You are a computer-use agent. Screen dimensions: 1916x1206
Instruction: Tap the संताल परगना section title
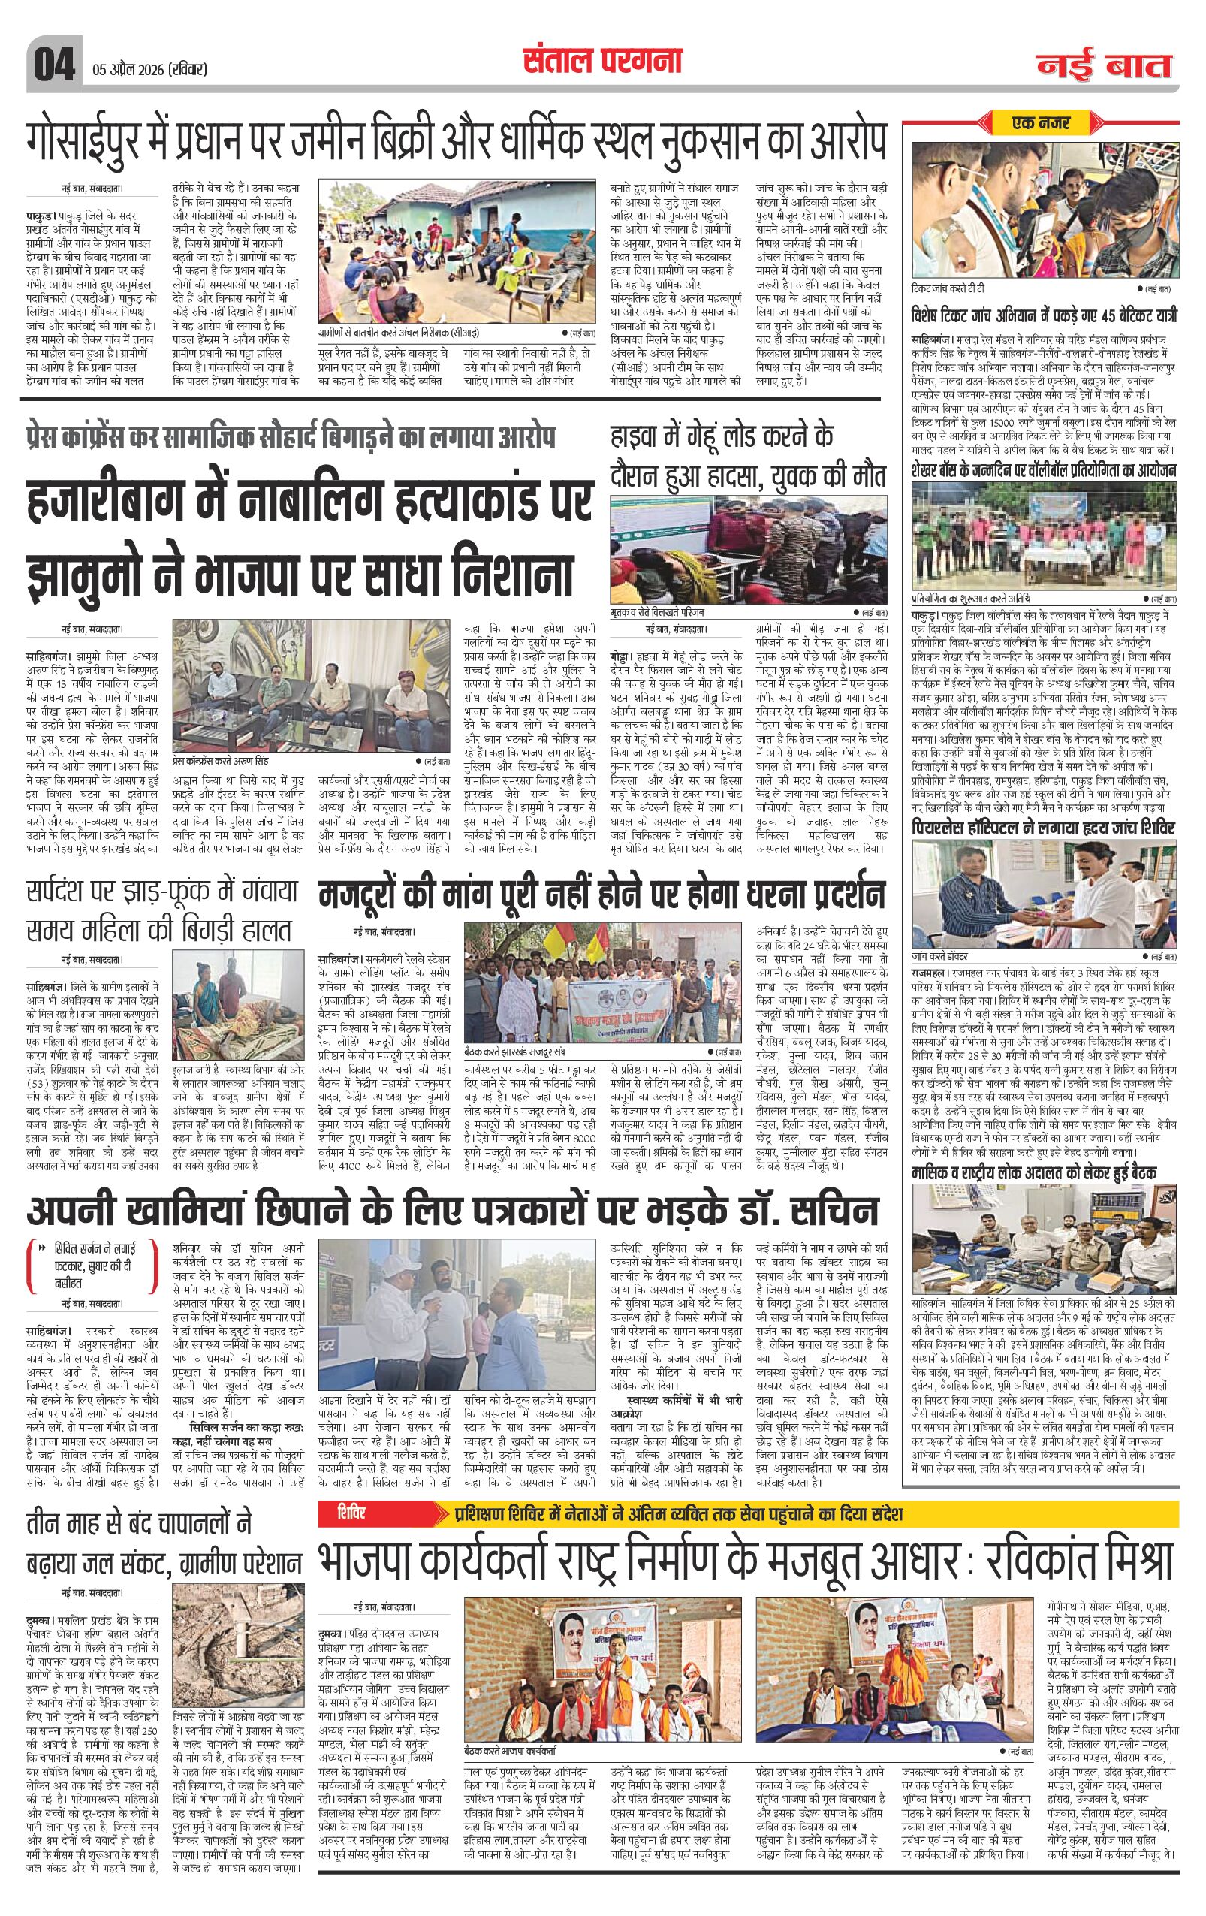click(x=601, y=62)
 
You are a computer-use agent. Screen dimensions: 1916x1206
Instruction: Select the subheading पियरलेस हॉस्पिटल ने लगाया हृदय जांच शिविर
click(x=1042, y=829)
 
